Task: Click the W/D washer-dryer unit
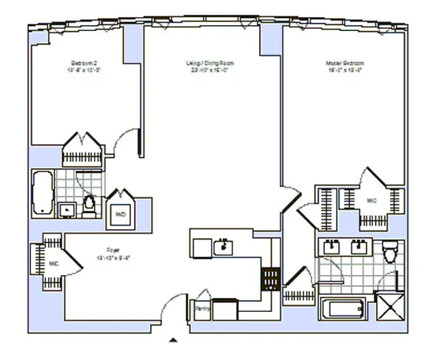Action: tap(119, 215)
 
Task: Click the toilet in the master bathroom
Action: tap(390, 252)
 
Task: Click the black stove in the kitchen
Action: tap(269, 278)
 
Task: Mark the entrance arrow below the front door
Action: tap(173, 340)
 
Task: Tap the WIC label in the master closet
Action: tap(371, 200)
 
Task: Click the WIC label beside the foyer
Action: tap(54, 263)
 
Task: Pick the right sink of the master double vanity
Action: tap(360, 246)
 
